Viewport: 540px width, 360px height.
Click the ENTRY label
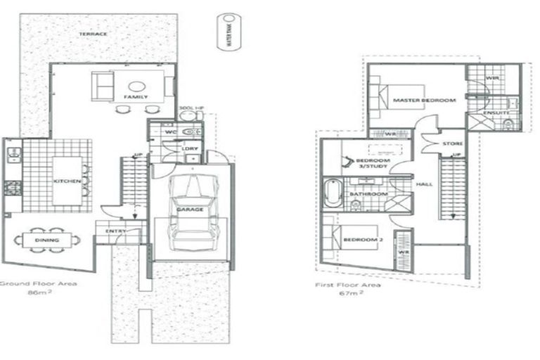tap(115, 231)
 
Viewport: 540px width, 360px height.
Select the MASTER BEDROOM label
tap(424, 101)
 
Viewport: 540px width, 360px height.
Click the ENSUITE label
tap(497, 112)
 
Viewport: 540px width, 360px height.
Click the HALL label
tap(424, 185)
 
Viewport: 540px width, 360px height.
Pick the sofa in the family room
tap(103, 86)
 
